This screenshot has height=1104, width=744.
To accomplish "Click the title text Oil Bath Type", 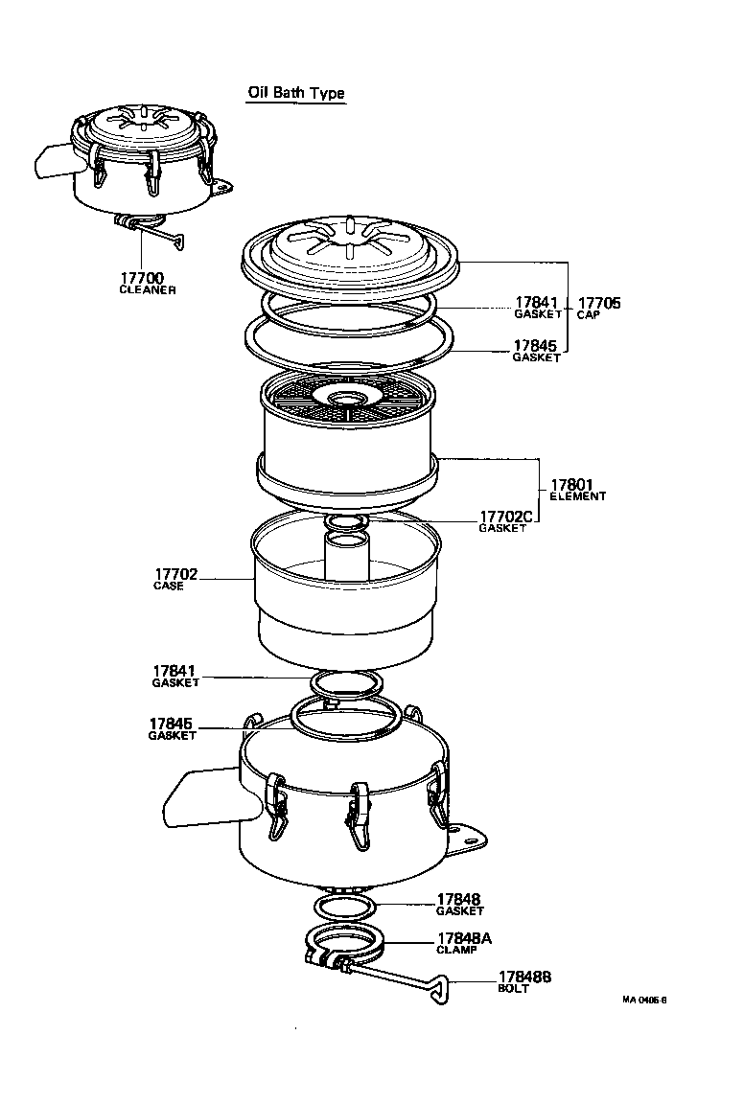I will [x=296, y=93].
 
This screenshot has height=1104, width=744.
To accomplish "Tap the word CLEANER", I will [x=147, y=290].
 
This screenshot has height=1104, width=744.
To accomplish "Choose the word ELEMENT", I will [x=577, y=496].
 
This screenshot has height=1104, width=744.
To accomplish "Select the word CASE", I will [x=168, y=586].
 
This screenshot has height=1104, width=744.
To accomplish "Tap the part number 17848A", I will [x=464, y=938].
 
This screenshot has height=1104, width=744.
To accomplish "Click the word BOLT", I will [x=513, y=988].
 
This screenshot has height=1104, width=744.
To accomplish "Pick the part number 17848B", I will [x=524, y=977].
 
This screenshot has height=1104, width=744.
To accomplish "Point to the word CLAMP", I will [x=456, y=950].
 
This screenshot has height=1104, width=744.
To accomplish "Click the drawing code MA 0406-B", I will [x=643, y=999].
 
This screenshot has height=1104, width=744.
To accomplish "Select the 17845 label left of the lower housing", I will [x=173, y=724].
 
